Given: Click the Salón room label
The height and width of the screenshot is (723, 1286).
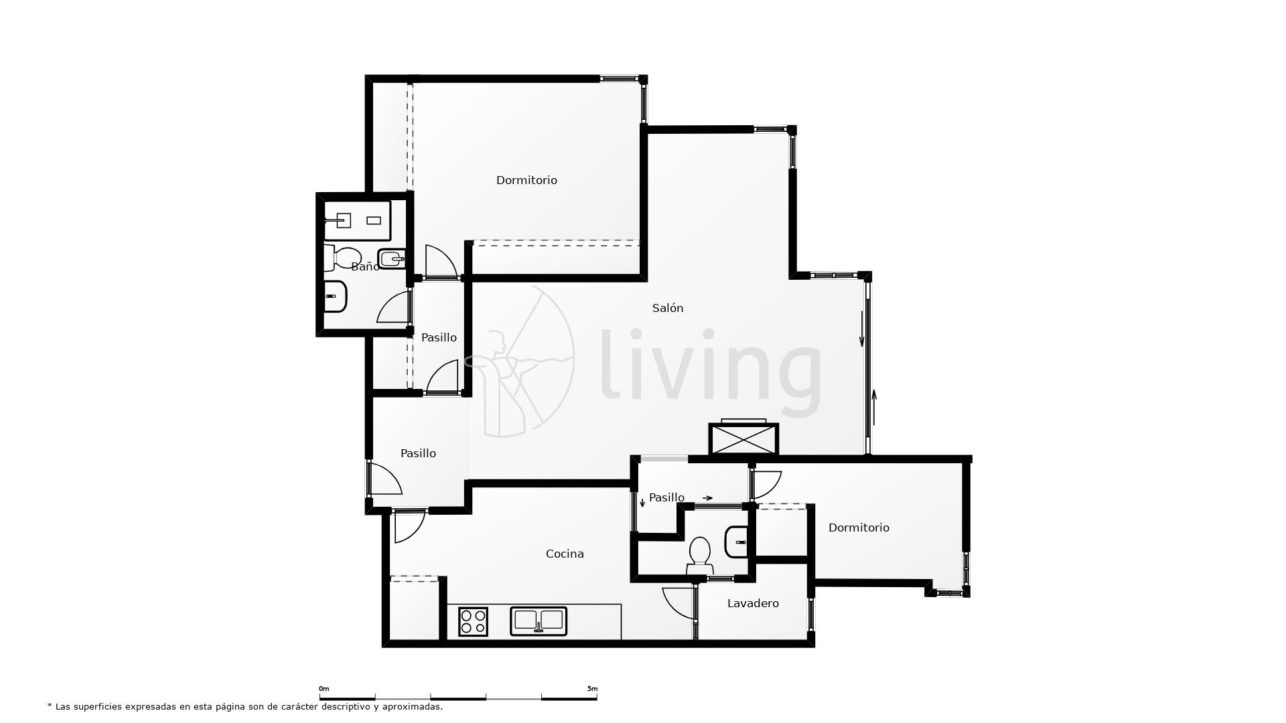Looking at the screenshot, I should point(668,308).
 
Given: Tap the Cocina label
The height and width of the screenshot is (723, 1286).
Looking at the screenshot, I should point(565,554).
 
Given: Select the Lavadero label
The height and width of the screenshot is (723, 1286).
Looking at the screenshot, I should point(753,603).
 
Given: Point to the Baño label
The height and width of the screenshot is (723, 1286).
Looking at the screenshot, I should point(365,267).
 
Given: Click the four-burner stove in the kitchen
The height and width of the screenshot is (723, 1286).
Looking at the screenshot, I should point(473,621).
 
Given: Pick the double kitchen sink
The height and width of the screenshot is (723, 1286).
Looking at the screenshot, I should point(539,621).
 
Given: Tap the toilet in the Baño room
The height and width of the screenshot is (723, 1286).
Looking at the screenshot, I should point(344,257).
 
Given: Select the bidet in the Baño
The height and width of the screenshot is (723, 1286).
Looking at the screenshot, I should point(392,258).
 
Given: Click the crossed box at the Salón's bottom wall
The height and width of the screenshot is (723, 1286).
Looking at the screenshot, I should point(743,438).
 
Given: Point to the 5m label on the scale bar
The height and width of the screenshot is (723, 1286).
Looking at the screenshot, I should point(592,689).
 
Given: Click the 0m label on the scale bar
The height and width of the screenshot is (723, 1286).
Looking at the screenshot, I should point(324,689).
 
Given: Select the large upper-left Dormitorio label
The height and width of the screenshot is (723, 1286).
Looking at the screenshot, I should point(526,180).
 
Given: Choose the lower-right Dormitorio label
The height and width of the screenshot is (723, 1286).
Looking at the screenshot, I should point(859,528).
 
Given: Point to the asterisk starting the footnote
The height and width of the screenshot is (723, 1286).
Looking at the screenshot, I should point(50,706).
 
